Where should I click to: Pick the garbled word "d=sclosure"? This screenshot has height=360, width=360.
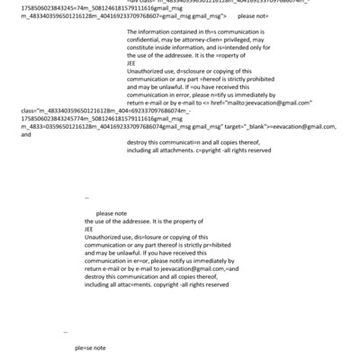pos(193,95)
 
